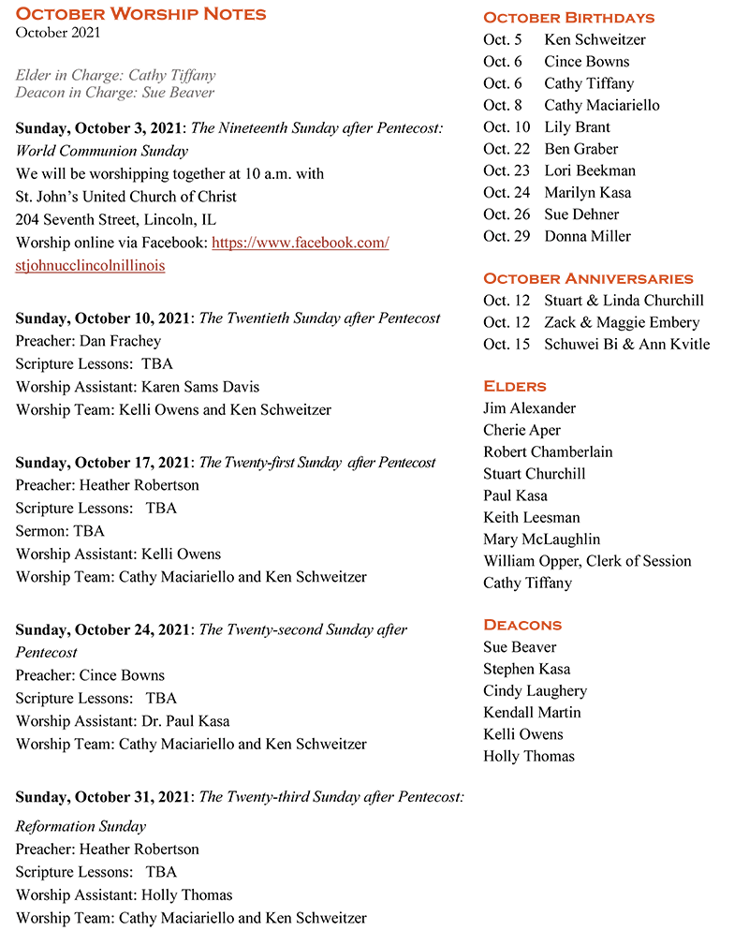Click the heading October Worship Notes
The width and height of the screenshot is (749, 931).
(141, 14)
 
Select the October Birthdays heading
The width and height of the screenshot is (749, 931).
(568, 18)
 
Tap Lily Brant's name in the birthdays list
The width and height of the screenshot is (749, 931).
(577, 126)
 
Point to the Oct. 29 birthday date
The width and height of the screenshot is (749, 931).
(507, 236)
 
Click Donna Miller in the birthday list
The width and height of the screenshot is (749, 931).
(587, 236)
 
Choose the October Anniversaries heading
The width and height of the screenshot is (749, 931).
(588, 278)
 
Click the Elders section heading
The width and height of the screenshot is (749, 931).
(515, 386)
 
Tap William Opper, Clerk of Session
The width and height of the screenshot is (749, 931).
(587, 561)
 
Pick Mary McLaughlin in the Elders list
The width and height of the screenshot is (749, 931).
(541, 539)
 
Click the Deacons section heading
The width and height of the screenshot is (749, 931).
(522, 625)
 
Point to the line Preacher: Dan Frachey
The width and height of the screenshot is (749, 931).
(88, 341)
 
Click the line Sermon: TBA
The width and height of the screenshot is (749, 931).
(60, 531)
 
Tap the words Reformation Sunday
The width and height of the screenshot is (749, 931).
(81, 826)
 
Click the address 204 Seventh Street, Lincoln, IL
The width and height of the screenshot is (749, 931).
(116, 219)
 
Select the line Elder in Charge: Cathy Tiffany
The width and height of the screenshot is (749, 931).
(115, 75)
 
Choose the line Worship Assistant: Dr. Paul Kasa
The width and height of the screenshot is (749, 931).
(123, 721)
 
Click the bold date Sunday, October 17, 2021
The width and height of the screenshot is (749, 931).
(102, 463)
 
